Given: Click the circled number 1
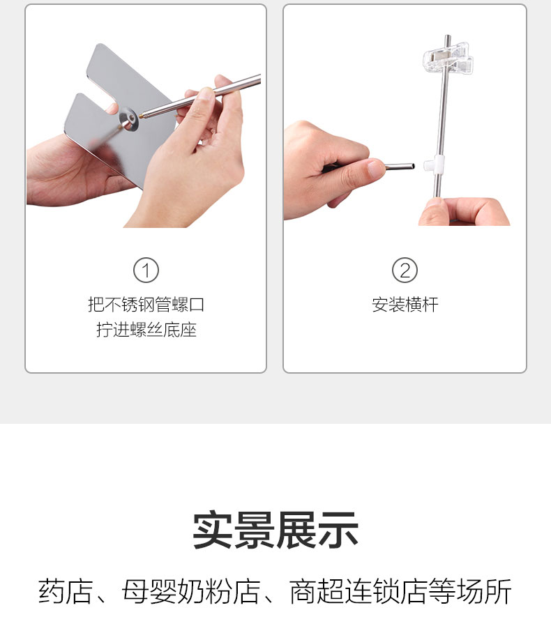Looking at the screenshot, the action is coord(146,270).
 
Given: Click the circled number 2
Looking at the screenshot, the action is coord(405,270).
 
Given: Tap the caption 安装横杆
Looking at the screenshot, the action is coord(405,305).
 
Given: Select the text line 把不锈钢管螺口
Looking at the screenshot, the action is coord(146,305).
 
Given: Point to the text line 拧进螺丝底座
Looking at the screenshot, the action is coord(146,330).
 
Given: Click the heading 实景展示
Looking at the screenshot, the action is coord(275,530).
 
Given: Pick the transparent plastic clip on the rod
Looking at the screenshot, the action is coord(448,60).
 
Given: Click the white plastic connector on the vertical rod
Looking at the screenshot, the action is coord(434,165).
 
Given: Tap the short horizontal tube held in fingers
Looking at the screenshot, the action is coord(400,166).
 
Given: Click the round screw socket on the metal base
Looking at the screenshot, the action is coord(128,119).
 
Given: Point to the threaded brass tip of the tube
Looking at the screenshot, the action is coord(142,116).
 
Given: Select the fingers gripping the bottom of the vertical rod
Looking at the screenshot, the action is coord(464,212).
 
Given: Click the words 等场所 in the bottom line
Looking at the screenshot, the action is coord(470,591).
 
